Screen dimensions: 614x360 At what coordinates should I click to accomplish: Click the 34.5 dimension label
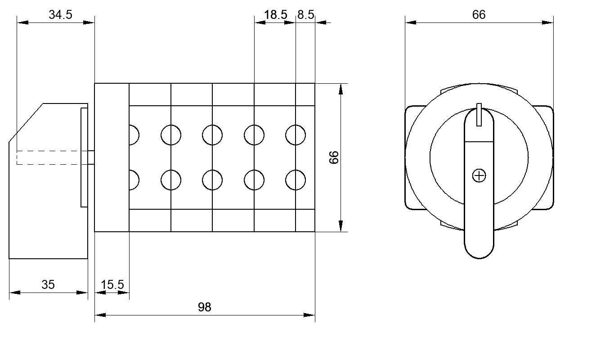[60, 14]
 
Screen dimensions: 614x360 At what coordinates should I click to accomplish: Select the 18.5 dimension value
[275, 14]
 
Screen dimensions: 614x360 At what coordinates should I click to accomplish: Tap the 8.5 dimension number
[305, 14]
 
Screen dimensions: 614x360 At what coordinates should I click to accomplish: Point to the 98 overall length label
[205, 307]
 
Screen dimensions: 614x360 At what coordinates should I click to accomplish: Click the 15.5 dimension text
[112, 284]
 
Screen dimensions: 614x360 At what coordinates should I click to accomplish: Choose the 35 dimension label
[48, 284]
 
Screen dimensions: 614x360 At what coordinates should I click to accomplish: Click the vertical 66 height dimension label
[334, 157]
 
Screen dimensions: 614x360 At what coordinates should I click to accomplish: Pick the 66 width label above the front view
[479, 14]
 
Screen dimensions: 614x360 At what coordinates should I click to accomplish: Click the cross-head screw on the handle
[479, 176]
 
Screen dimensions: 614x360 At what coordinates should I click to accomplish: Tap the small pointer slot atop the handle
[479, 115]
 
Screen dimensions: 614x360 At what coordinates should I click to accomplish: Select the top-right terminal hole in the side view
[296, 135]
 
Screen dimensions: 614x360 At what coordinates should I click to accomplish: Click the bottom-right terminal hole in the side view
[296, 180]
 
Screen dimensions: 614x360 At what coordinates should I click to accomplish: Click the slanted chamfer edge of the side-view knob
[26, 123]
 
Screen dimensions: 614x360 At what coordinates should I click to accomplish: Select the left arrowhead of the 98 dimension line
[100, 315]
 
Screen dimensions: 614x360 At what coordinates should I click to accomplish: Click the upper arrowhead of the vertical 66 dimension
[341, 89]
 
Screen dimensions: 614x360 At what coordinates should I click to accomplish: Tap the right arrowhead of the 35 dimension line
[82, 292]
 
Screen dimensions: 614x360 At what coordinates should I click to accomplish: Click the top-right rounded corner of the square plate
[551, 108]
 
